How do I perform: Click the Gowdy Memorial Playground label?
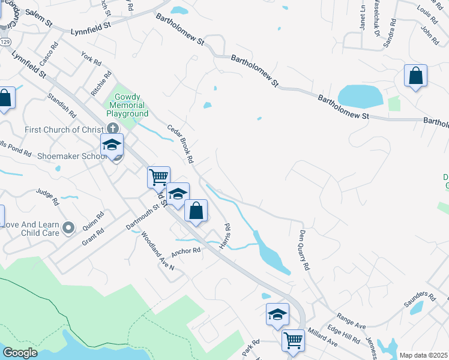click(127, 105)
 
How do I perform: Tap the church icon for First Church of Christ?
click(113, 128)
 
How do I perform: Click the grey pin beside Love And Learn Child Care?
click(68, 227)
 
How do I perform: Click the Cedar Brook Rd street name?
click(181, 144)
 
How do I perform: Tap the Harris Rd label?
click(224, 236)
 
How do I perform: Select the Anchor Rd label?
click(185, 252)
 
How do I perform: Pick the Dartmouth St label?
click(142, 215)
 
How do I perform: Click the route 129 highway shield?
click(5, 42)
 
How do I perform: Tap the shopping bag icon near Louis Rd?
click(415, 76)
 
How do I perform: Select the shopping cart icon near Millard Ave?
click(294, 340)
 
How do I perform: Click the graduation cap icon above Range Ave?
click(277, 314)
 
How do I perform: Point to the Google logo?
click(20, 352)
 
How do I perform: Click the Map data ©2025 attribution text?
click(424, 355)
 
